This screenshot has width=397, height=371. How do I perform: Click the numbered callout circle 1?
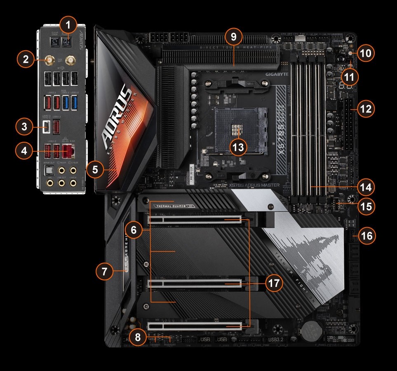[x=69, y=25]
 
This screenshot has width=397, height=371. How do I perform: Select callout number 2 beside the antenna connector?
[x=26, y=60]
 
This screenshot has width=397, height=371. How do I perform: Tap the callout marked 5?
[x=96, y=169]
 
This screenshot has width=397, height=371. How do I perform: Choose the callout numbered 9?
[x=233, y=37]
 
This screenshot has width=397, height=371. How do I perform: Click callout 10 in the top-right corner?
[x=365, y=53]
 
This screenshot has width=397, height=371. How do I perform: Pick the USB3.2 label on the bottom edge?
[x=275, y=340]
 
